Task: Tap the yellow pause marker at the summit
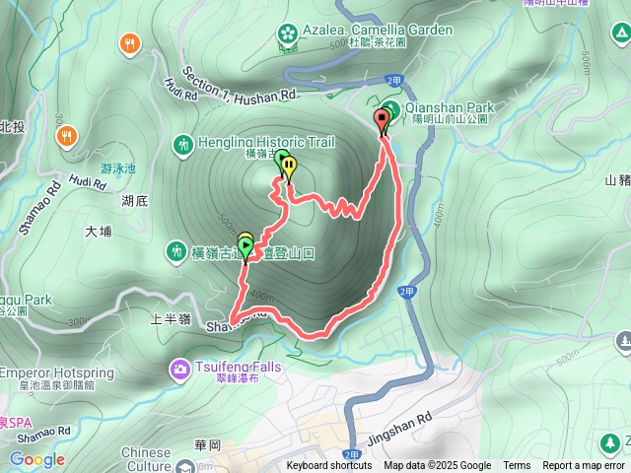coord(288,167)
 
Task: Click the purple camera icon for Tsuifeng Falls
coord(180,370)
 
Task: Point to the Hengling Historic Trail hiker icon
coord(181,145)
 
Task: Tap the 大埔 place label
coord(99,233)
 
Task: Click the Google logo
coord(36,459)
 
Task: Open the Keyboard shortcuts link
coord(329,466)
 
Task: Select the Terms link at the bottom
coord(517,466)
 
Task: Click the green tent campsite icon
coord(620,37)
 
